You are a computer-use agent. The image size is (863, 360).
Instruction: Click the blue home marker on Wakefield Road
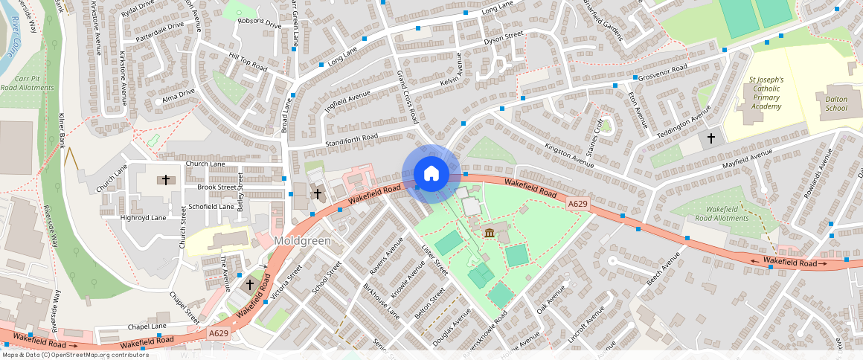431,174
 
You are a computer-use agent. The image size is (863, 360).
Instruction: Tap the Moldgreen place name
301,241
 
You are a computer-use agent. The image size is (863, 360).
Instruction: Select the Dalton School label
831,103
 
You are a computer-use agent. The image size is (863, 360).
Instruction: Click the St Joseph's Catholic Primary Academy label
766,92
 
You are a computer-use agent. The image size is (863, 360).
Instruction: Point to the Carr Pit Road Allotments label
27,83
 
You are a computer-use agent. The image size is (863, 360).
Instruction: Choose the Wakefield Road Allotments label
725,213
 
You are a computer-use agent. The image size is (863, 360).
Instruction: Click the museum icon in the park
490,234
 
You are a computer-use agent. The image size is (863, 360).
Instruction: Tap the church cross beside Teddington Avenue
710,138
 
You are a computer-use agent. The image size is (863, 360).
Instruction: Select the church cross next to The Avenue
250,284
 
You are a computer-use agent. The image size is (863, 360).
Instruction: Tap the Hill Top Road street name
248,61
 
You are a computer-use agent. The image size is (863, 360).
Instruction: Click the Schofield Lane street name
211,206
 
